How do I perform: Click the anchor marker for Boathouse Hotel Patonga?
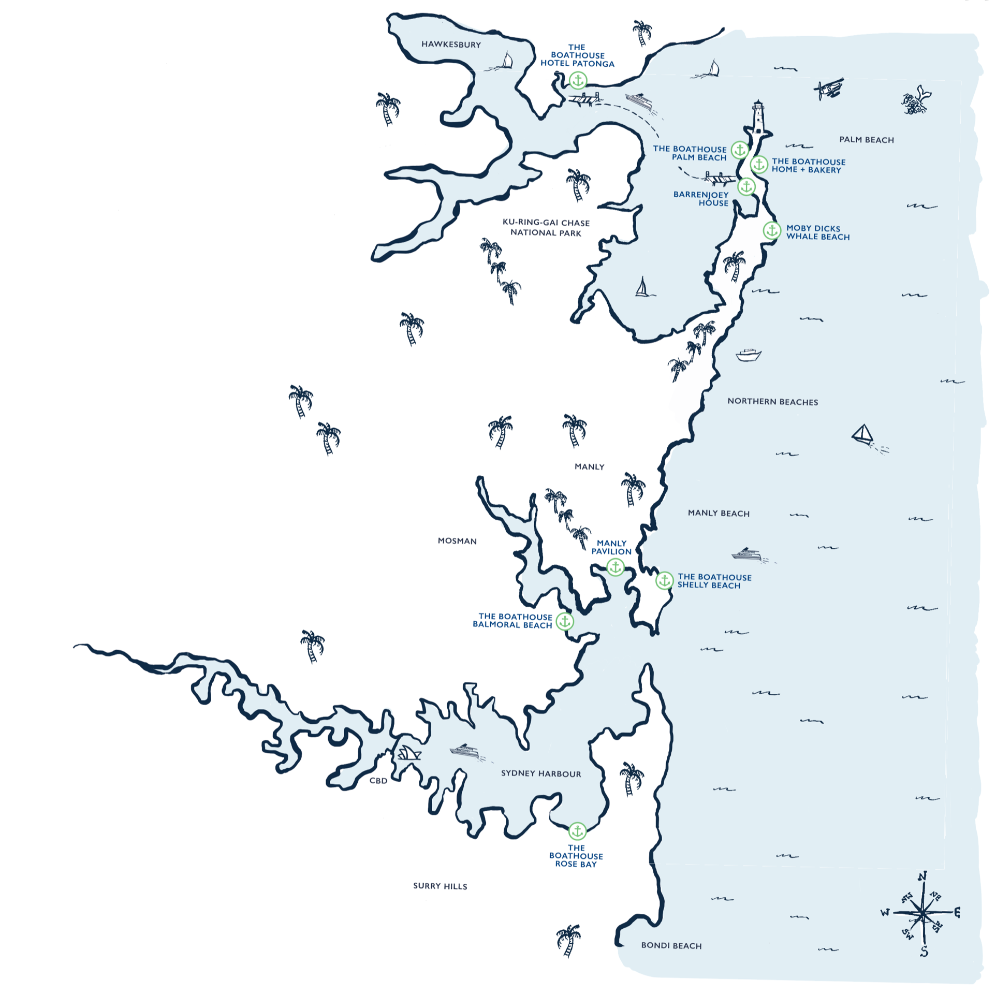[578, 80]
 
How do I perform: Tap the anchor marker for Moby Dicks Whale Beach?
[771, 230]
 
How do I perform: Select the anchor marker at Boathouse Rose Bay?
[577, 831]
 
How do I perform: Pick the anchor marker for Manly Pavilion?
[616, 567]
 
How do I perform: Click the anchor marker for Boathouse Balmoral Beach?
[565, 621]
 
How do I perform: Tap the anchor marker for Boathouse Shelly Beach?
[664, 580]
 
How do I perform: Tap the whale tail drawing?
[917, 101]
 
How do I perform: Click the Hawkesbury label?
[451, 45]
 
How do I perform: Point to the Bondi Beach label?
[671, 945]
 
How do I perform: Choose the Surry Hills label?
[440, 886]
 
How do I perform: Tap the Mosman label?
[457, 541]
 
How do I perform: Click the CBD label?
[378, 781]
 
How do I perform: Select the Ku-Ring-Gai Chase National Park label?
[546, 228]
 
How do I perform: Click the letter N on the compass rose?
[922, 876]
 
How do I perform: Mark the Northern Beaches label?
[772, 402]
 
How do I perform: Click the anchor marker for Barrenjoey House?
[746, 186]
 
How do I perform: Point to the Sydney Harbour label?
[541, 773]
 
